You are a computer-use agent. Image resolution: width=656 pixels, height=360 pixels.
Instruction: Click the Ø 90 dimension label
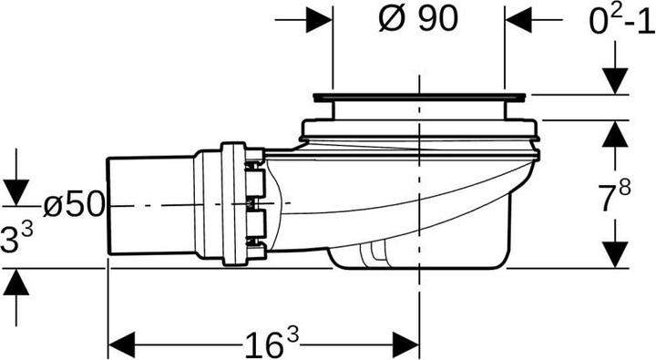pos(417,19)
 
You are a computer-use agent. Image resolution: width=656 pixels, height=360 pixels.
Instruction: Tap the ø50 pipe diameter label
pos(74,205)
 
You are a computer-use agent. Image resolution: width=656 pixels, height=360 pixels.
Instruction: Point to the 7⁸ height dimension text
pos(614,196)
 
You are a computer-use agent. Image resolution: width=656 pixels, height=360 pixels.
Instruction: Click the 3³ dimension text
pos(16,238)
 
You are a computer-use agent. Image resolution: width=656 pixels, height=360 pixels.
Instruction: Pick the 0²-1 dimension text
pos(622,21)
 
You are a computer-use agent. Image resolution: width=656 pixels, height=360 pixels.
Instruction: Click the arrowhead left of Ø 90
pos(319,20)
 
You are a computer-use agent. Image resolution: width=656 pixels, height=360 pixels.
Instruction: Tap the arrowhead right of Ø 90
pos(518,20)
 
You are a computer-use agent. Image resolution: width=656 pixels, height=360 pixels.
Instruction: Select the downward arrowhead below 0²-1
pos(615,81)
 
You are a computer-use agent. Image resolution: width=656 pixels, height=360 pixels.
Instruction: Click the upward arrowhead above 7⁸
pos(615,134)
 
